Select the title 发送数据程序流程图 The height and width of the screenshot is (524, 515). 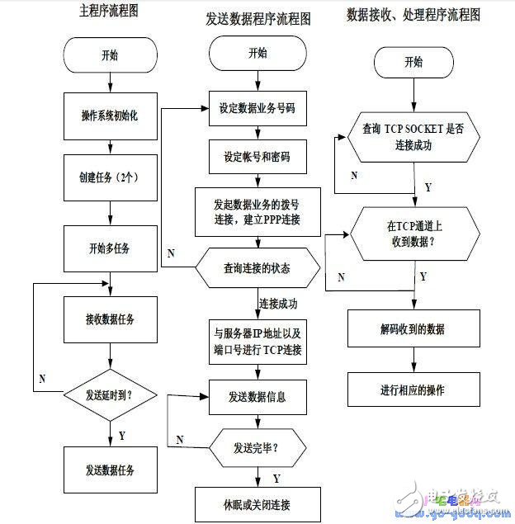(256, 19)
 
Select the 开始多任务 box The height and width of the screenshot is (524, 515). (111, 248)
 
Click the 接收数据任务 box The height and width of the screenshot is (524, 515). (111, 319)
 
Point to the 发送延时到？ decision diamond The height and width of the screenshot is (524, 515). (111, 394)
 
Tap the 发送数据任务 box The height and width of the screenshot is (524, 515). (111, 470)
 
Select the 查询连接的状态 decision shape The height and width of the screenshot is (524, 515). (257, 268)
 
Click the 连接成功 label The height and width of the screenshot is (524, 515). (278, 304)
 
